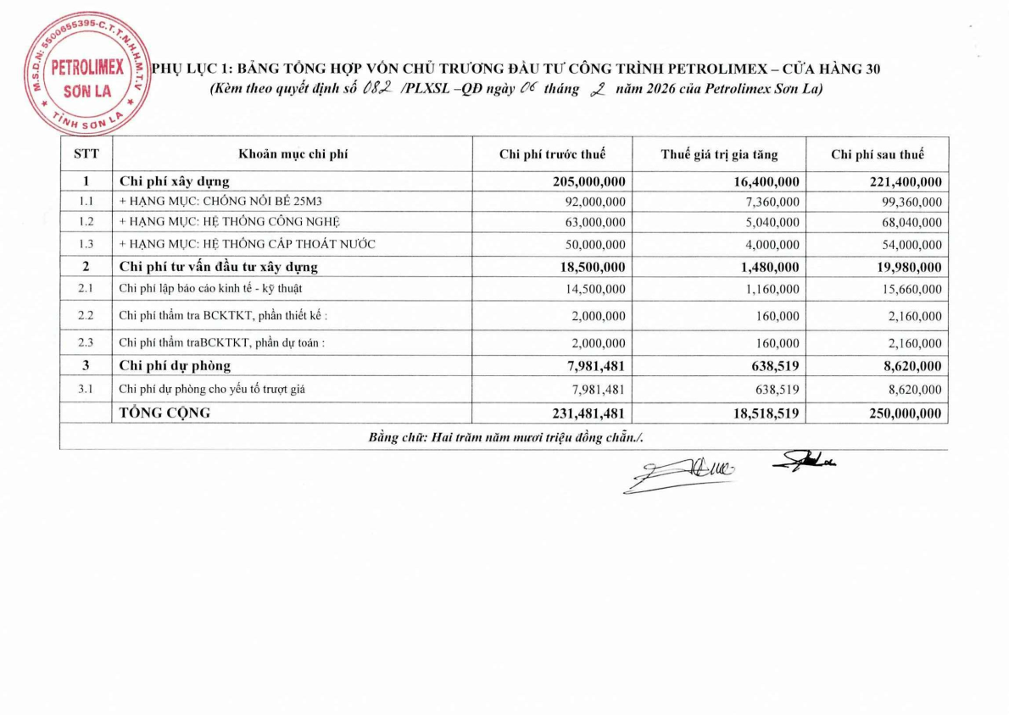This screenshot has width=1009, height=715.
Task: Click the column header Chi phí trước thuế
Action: coord(552,154)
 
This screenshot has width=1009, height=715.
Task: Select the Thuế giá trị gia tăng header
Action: coord(719,154)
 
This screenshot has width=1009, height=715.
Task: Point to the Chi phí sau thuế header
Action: coord(878,154)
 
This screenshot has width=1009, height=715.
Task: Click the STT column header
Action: coord(86,154)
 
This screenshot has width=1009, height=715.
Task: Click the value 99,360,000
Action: coord(909,202)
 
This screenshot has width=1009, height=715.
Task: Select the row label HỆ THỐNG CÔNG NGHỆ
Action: coord(230,223)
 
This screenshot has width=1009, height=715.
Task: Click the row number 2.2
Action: coord(86,316)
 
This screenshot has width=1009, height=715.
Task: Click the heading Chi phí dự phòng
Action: coord(176,366)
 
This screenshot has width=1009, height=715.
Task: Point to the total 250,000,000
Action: coord(900,413)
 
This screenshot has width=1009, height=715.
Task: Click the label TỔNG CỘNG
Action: coord(164,413)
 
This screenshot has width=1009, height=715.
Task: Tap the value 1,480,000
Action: coord(766,267)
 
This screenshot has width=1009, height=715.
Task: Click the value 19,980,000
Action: coord(905,267)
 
